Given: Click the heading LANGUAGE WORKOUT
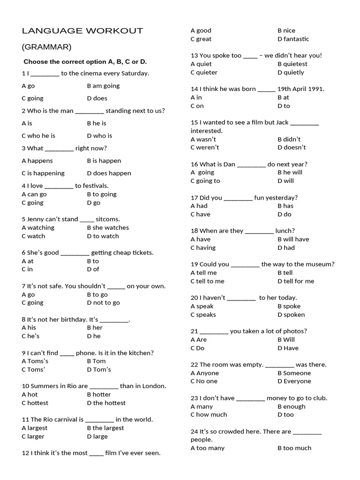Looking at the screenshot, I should [82, 31].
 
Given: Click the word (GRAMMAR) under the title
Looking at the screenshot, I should [46, 47].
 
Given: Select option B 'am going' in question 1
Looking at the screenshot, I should [103, 86].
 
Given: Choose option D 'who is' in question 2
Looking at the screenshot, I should [99, 135].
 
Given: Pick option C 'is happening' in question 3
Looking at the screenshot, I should [43, 173].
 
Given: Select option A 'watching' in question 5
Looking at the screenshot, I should [38, 227].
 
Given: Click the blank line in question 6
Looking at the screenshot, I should [75, 253].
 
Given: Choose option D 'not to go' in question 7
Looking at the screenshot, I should [103, 302].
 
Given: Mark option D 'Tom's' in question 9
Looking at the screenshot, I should [99, 369].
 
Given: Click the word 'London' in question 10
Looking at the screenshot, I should [152, 386].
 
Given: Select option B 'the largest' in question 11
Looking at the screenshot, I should [105, 428].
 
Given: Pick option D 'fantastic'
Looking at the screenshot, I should [293, 39].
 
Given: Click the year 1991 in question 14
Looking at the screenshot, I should [315, 89].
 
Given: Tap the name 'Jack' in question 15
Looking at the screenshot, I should [282, 122].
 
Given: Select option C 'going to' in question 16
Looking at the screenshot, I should [205, 180].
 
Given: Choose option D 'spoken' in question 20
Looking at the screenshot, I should [291, 315].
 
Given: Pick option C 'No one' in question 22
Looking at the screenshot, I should [204, 381].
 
